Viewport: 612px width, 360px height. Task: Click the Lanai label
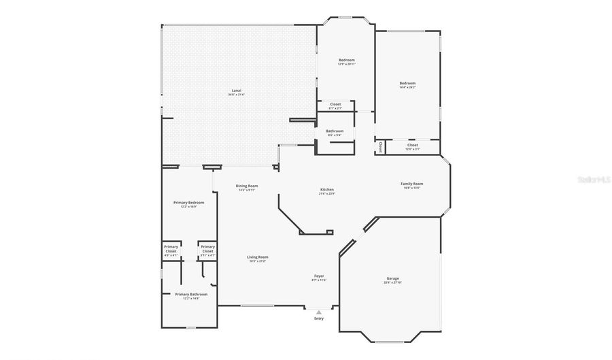point(237,91)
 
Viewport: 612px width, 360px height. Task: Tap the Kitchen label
point(327,189)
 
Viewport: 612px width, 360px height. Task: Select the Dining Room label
point(247,186)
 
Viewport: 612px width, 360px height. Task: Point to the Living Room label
point(258,257)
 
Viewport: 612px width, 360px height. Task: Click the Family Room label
point(412,184)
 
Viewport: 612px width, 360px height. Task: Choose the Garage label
point(392,278)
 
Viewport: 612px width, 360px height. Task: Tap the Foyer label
point(319,276)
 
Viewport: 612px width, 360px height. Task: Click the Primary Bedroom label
point(188,203)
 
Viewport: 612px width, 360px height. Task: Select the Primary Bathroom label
point(190,295)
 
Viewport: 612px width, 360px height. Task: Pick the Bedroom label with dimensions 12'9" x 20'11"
point(347,60)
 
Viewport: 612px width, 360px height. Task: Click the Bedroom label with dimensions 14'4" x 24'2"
point(407,84)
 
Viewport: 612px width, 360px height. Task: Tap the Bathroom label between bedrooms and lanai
point(335,131)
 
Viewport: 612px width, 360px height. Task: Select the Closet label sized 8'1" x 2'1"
point(335,104)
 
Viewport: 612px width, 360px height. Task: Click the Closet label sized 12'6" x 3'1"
point(413,145)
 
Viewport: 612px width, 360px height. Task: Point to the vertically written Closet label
point(380,146)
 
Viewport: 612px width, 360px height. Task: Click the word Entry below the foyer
point(319,318)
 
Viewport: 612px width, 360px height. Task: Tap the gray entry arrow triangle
point(319,312)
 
